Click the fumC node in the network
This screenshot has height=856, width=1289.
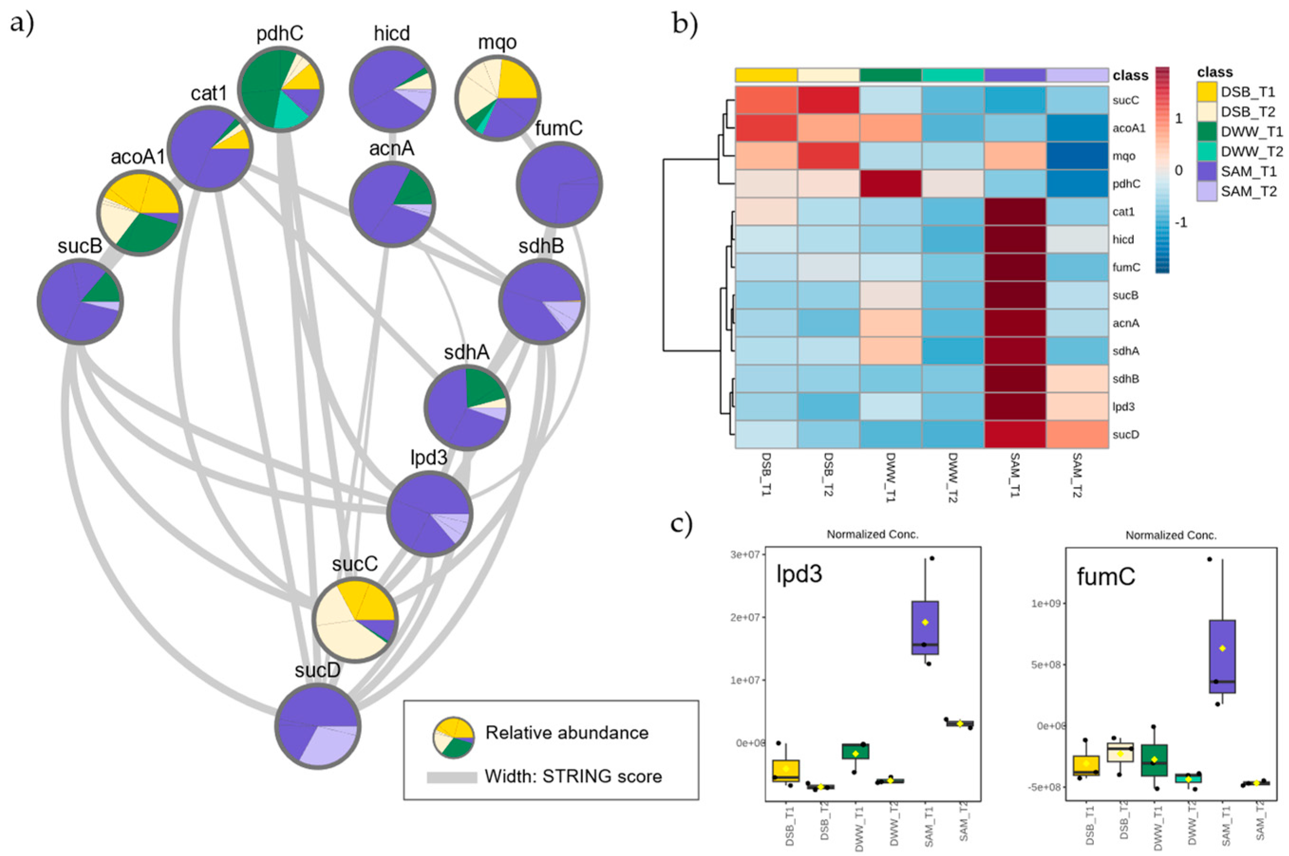(x=559, y=184)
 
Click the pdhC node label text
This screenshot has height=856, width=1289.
(x=280, y=34)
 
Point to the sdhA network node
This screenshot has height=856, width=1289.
(x=467, y=407)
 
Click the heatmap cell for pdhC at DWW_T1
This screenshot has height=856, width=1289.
(x=890, y=184)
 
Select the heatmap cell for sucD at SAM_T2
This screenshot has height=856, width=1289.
(x=1077, y=435)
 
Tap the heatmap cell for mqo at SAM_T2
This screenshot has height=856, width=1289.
(x=1077, y=156)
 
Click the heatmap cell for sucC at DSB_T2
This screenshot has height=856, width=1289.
(x=828, y=101)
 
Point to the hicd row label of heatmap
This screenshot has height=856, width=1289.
(x=1123, y=240)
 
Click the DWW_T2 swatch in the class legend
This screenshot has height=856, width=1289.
(x=1206, y=151)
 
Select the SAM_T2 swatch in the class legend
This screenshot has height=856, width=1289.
(x=1206, y=191)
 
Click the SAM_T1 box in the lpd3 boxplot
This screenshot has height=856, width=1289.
(x=925, y=628)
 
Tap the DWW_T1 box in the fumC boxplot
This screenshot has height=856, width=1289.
(x=1154, y=760)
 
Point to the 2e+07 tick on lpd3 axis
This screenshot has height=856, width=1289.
(x=745, y=617)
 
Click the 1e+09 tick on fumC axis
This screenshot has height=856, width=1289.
(x=1045, y=603)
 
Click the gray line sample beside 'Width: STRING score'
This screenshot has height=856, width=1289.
(x=451, y=777)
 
